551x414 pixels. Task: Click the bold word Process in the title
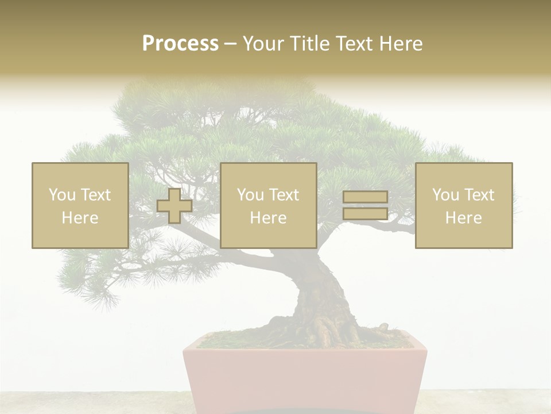click(180, 43)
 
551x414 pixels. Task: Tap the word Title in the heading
click(310, 44)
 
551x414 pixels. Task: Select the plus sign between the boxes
click(174, 206)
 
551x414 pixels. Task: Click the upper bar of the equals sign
click(365, 197)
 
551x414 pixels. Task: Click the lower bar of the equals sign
click(365, 213)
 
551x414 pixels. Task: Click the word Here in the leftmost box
click(80, 218)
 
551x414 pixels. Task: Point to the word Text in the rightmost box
click(479, 195)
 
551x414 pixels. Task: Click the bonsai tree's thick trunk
click(321, 293)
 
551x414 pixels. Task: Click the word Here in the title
click(402, 44)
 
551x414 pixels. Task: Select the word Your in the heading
click(263, 44)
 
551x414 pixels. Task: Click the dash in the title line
click(230, 44)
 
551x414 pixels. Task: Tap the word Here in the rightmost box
click(464, 218)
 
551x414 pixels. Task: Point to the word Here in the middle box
click(268, 218)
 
